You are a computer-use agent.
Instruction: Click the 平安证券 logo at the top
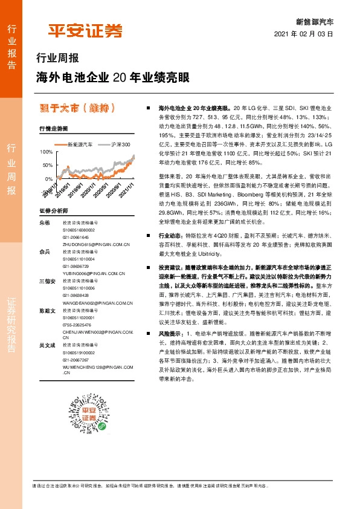coord(85,30)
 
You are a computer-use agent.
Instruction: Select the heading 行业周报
coord(58,59)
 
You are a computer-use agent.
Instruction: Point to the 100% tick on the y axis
coord(46,152)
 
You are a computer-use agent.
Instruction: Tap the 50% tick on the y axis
coord(48,165)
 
